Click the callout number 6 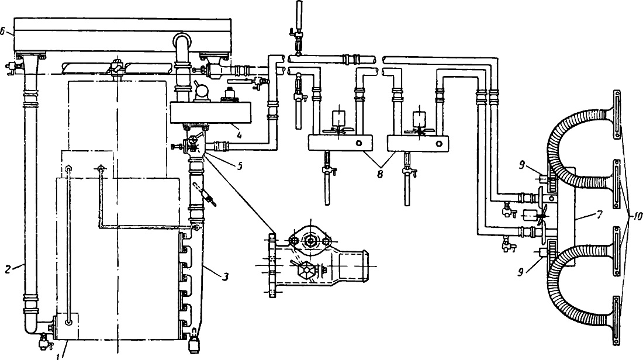(x=3, y=32)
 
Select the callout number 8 (x=380, y=173)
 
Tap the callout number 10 (x=635, y=218)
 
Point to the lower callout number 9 (x=521, y=272)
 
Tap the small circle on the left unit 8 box (x=359, y=143)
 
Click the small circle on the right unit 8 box (x=439, y=143)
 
